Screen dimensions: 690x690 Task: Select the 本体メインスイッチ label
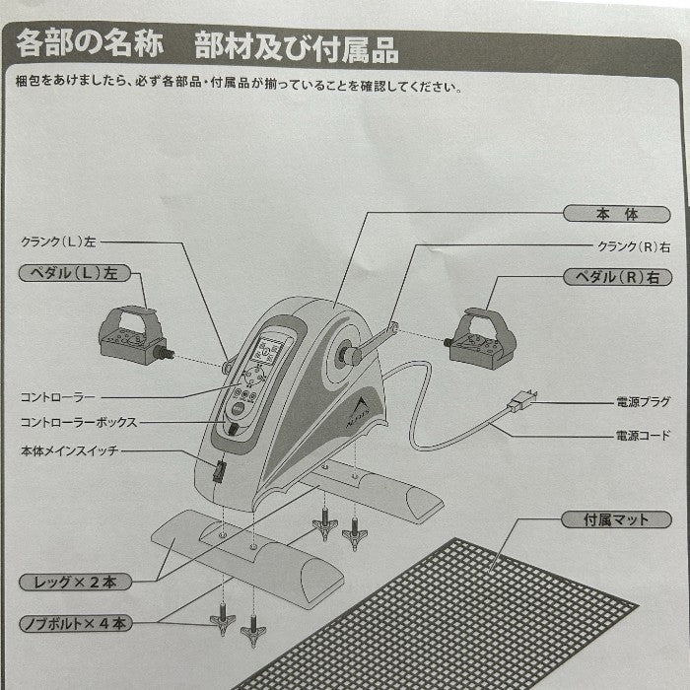point(67,451)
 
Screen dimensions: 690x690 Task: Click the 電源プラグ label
point(643,402)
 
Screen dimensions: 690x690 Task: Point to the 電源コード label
point(643,434)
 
